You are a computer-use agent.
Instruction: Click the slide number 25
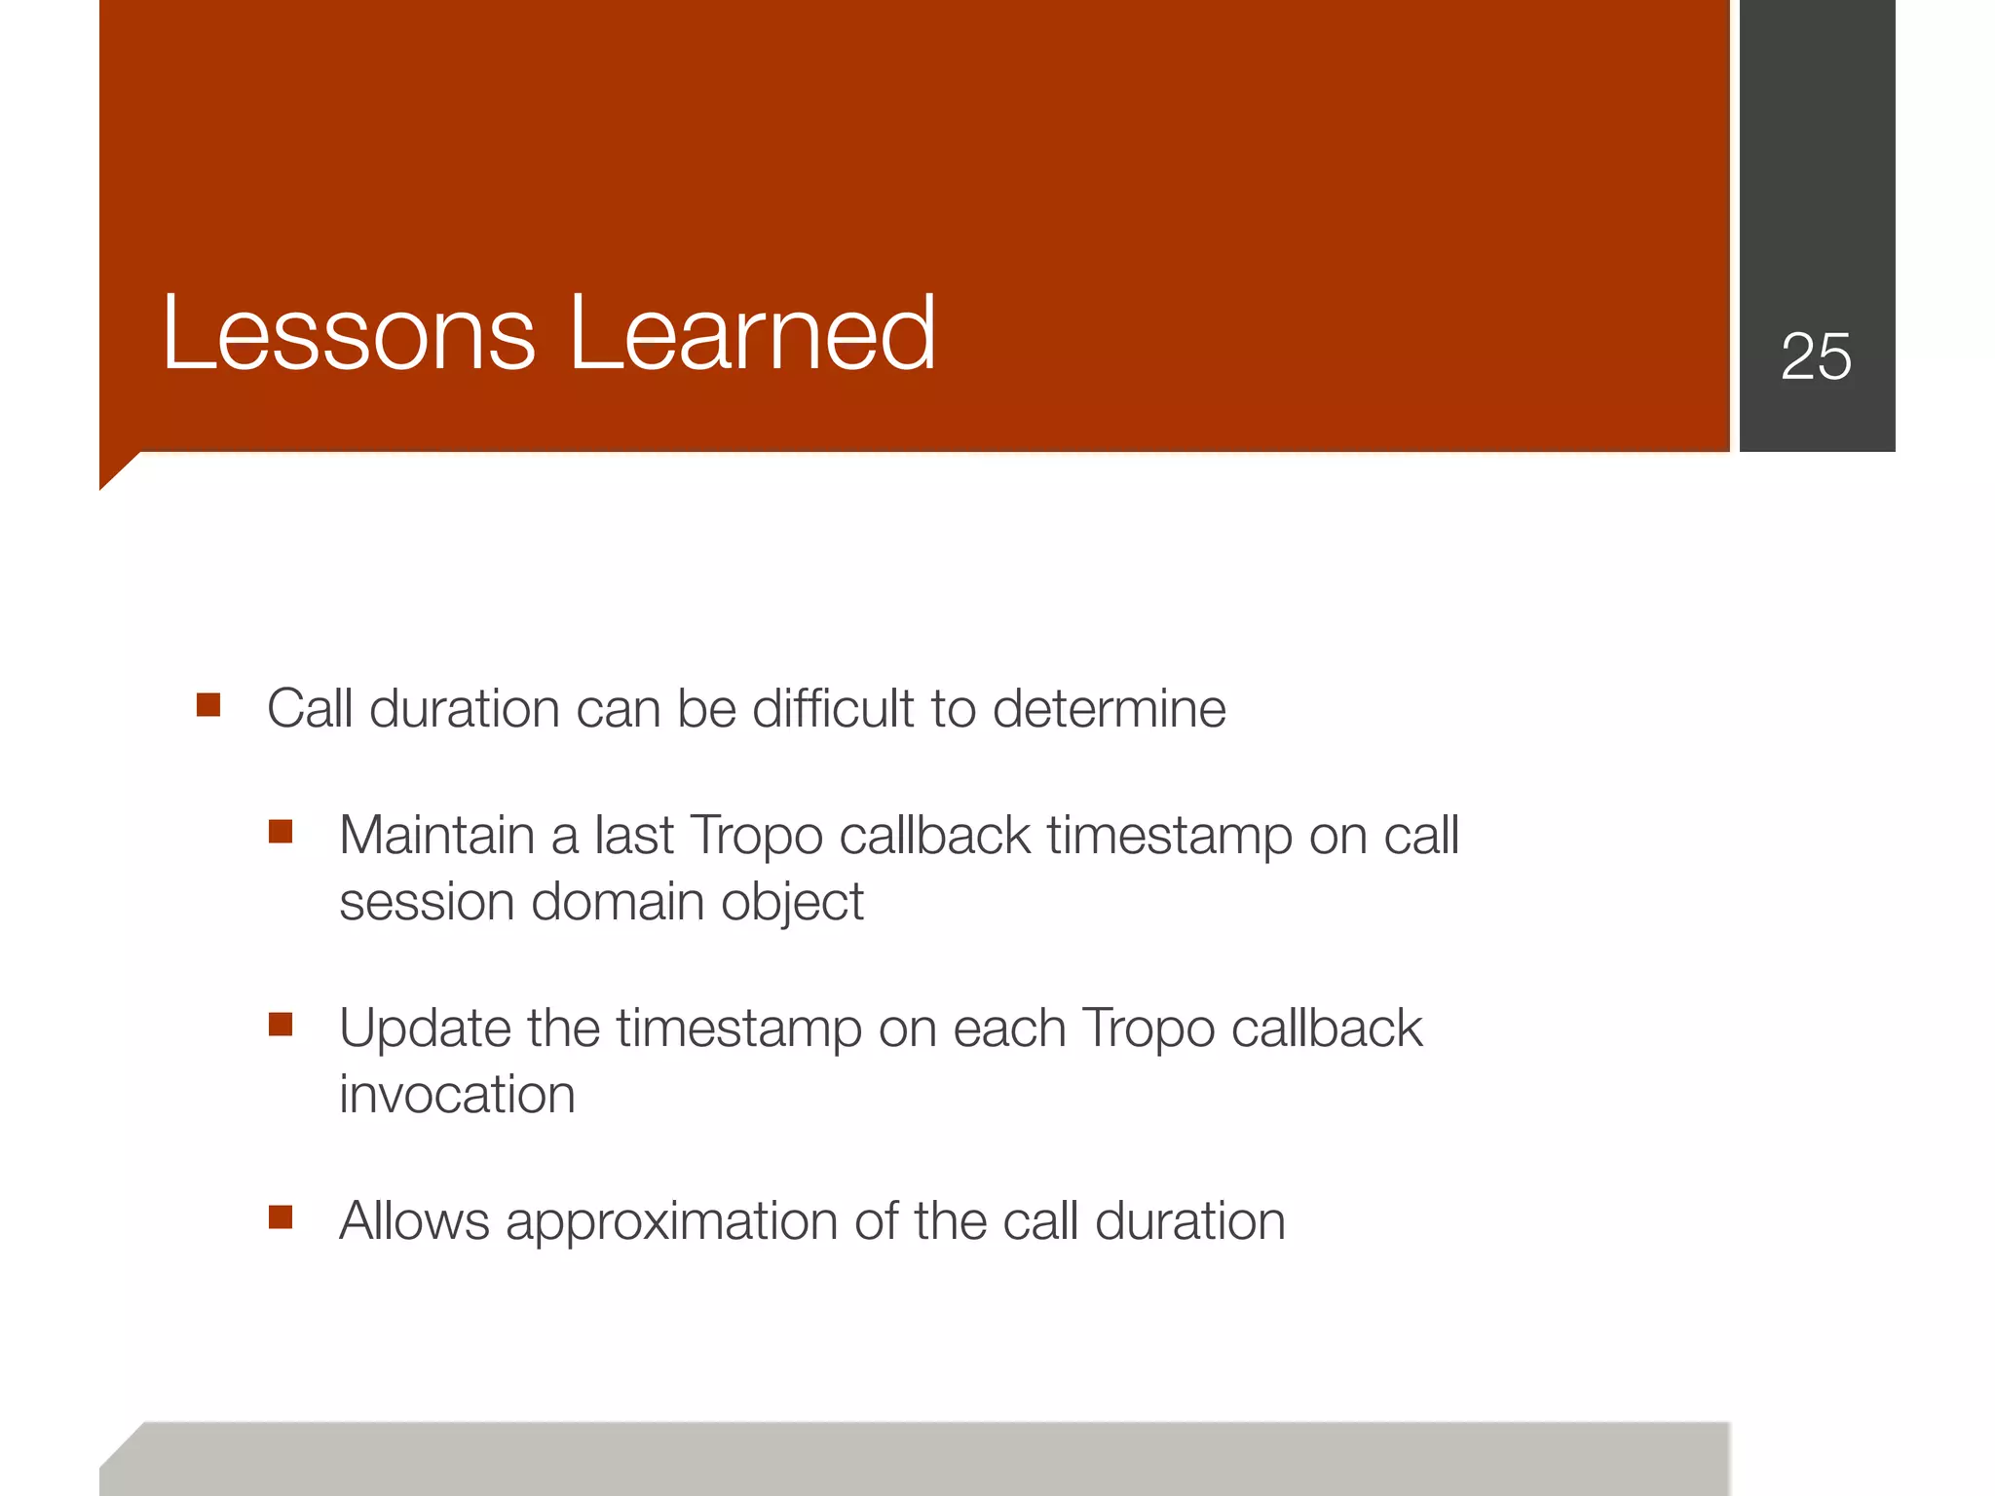point(1816,356)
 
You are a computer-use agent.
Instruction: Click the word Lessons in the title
point(349,334)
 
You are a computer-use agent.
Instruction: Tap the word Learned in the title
point(751,334)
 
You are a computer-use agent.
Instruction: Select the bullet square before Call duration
point(208,704)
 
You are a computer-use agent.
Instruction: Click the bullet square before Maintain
point(281,832)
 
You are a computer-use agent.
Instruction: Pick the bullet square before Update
point(281,1025)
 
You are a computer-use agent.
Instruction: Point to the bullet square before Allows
point(281,1217)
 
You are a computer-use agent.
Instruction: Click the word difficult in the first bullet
point(833,708)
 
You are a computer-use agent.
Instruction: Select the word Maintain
point(437,836)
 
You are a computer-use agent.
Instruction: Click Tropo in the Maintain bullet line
point(755,836)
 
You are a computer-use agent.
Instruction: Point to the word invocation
point(457,1095)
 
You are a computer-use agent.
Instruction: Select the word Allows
point(414,1221)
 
